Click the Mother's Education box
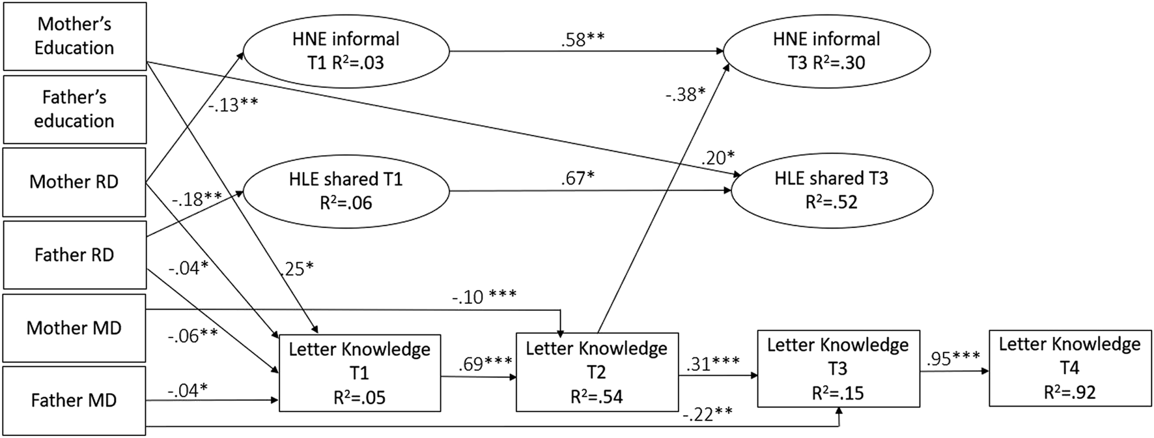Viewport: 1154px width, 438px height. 74,36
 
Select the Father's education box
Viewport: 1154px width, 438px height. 74,109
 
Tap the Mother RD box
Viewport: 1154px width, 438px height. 74,182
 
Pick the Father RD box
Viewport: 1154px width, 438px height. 74,255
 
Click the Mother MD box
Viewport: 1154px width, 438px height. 74,328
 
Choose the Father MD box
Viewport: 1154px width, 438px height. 74,400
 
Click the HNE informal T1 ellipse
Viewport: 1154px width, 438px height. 346,51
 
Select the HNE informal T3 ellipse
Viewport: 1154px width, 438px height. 826,51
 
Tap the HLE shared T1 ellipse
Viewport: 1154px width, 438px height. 346,190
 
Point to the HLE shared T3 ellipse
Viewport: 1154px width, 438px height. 831,190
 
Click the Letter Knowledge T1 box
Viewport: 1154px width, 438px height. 359,373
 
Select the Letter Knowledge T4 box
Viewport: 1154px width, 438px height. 1069,368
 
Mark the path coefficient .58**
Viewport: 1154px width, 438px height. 583,39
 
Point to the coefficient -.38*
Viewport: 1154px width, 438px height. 685,95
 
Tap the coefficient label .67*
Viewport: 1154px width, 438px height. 578,178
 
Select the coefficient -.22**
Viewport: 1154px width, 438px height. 707,414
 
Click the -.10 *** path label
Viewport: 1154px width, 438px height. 484,297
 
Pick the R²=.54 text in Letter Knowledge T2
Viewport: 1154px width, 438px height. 597,396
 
